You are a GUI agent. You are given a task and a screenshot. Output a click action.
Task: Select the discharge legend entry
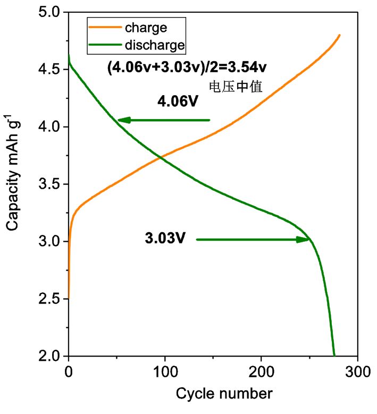point(154,46)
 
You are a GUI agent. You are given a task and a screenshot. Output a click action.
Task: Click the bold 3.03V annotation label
point(165,240)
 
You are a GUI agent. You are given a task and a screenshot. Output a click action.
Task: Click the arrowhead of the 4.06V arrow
point(122,120)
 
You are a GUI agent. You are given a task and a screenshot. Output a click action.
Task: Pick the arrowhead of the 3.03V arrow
point(304,240)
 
